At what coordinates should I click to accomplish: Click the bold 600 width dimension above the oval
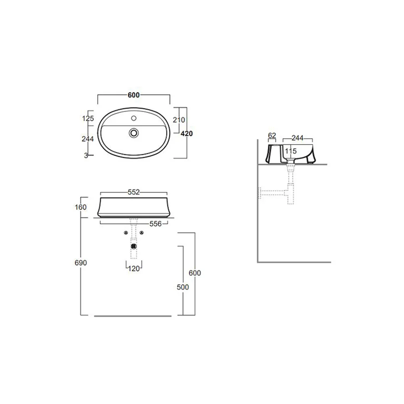point(134,95)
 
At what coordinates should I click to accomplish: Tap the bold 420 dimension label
point(187,133)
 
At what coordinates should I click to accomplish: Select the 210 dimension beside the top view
point(179,120)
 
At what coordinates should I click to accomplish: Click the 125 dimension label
point(88,118)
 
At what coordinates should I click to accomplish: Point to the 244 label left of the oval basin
point(88,139)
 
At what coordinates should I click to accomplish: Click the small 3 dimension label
point(86,156)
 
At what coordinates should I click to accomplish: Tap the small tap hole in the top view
point(134,118)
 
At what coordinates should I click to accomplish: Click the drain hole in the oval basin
point(134,133)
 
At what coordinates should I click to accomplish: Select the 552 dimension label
point(134,192)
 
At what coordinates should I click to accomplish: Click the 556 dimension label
point(156,224)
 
